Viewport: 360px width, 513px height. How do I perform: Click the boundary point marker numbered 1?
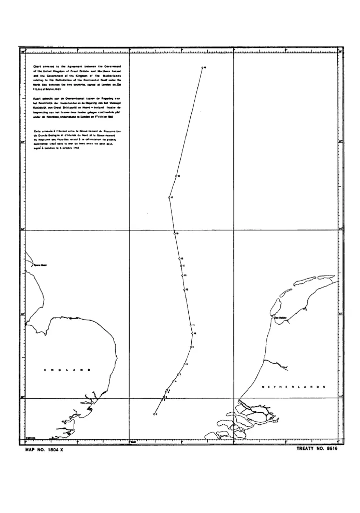(x=154, y=414)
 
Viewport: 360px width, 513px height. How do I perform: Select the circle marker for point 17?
(x=169, y=198)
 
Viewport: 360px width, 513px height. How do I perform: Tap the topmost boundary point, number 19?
(x=202, y=67)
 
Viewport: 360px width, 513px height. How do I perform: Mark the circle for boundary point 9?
(x=192, y=347)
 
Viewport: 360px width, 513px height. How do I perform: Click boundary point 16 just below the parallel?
(x=174, y=233)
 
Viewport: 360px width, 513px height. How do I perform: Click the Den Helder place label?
(x=279, y=317)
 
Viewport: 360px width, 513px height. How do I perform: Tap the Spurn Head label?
(x=40, y=265)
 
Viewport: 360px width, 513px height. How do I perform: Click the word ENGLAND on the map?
(x=67, y=370)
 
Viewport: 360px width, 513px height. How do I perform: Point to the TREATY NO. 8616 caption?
(x=317, y=449)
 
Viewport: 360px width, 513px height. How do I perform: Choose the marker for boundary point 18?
(x=177, y=176)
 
